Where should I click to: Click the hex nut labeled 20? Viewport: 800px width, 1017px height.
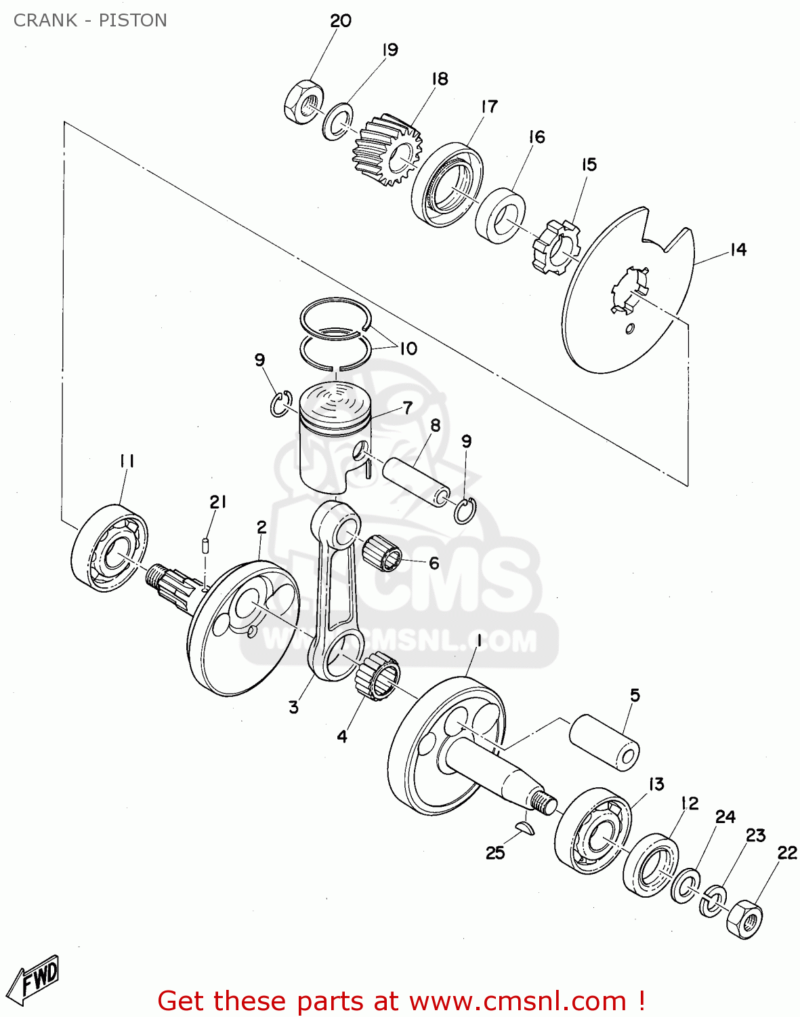point(302,104)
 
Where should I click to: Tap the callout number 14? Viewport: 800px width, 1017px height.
point(738,250)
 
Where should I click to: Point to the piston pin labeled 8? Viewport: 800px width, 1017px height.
point(417,481)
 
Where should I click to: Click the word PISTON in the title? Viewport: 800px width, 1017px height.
point(133,20)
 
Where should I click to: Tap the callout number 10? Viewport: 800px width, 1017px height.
point(408,348)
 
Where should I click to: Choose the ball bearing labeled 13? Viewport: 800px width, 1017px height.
point(593,831)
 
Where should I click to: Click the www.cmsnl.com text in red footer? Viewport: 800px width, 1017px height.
point(518,1001)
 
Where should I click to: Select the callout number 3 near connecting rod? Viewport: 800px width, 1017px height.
point(293,707)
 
